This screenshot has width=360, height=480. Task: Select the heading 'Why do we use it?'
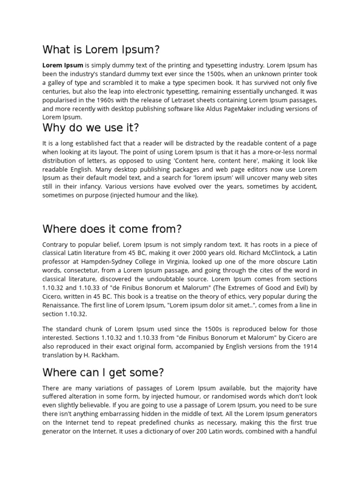pos(91,127)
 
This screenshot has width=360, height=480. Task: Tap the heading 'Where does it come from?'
pos(112,229)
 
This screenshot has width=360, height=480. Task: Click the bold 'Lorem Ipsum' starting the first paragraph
pos(63,65)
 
